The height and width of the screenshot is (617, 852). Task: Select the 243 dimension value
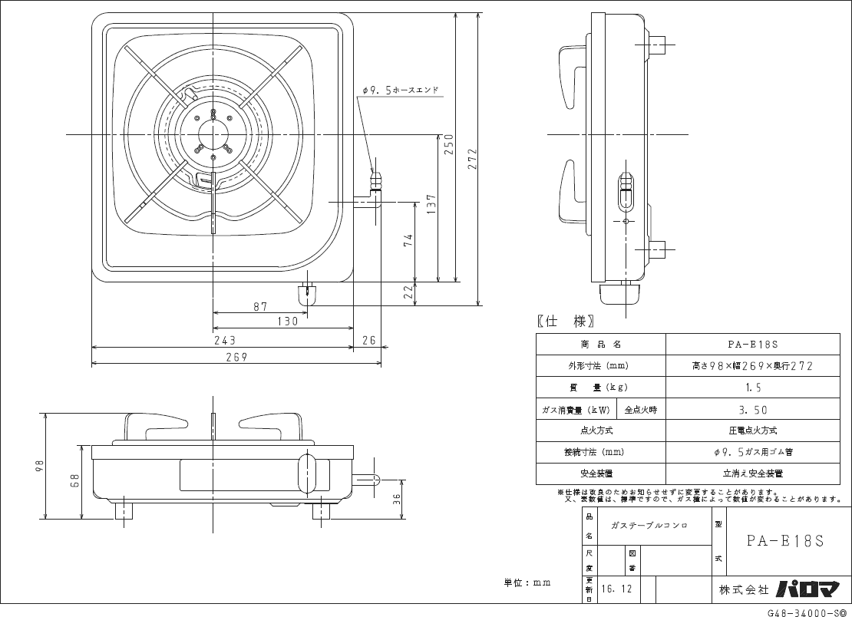click(x=223, y=340)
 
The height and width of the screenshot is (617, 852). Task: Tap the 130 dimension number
click(x=287, y=322)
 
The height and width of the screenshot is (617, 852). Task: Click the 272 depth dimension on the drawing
click(x=472, y=157)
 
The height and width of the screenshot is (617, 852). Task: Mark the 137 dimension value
click(x=431, y=203)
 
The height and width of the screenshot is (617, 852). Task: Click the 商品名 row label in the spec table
click(x=601, y=345)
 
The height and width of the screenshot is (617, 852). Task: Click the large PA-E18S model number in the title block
click(x=784, y=540)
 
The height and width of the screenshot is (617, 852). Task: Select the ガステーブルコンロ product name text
click(x=649, y=526)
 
